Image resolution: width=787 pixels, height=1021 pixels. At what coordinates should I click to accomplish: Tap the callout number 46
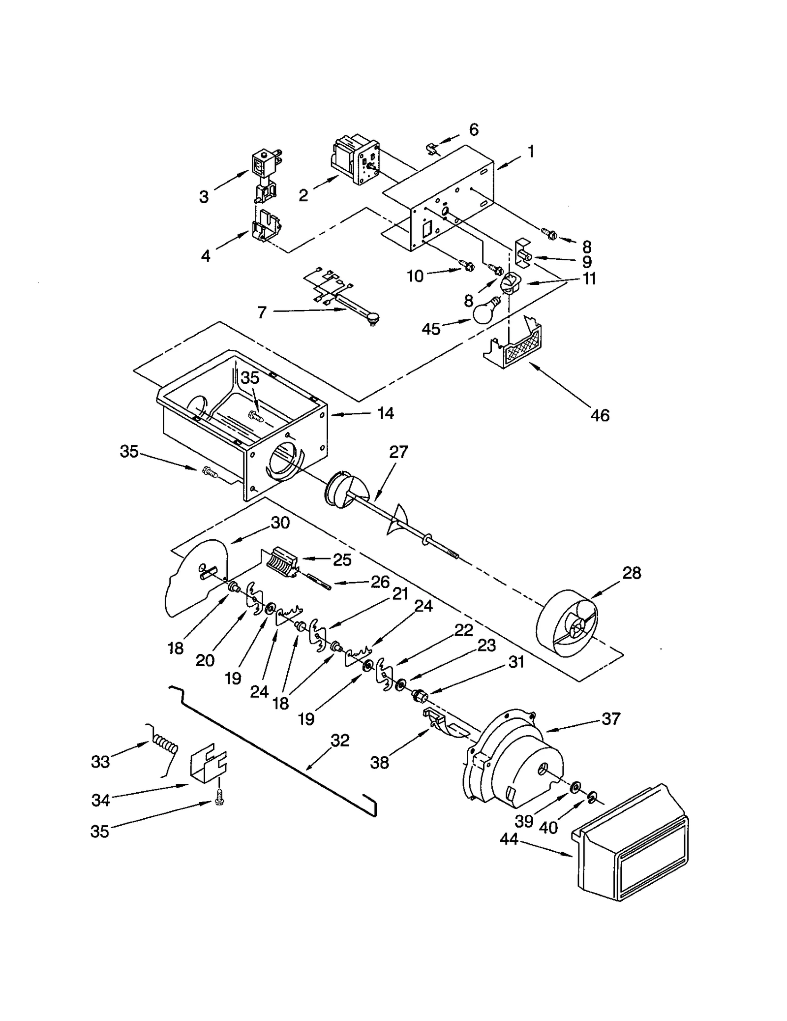600,415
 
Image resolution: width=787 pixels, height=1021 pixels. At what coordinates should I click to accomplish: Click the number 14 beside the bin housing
386,413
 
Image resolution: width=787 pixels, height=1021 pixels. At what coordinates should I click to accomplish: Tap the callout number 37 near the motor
611,719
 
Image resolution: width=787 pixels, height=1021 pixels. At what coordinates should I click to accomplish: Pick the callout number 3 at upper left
204,197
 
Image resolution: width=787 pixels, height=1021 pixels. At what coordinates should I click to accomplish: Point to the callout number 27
398,452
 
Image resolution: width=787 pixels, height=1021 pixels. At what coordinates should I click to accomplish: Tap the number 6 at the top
474,129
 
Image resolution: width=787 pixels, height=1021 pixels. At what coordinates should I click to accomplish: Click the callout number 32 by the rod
340,740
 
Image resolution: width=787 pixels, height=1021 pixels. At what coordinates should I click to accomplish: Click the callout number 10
415,277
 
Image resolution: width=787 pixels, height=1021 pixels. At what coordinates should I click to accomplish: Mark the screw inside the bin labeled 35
256,416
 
